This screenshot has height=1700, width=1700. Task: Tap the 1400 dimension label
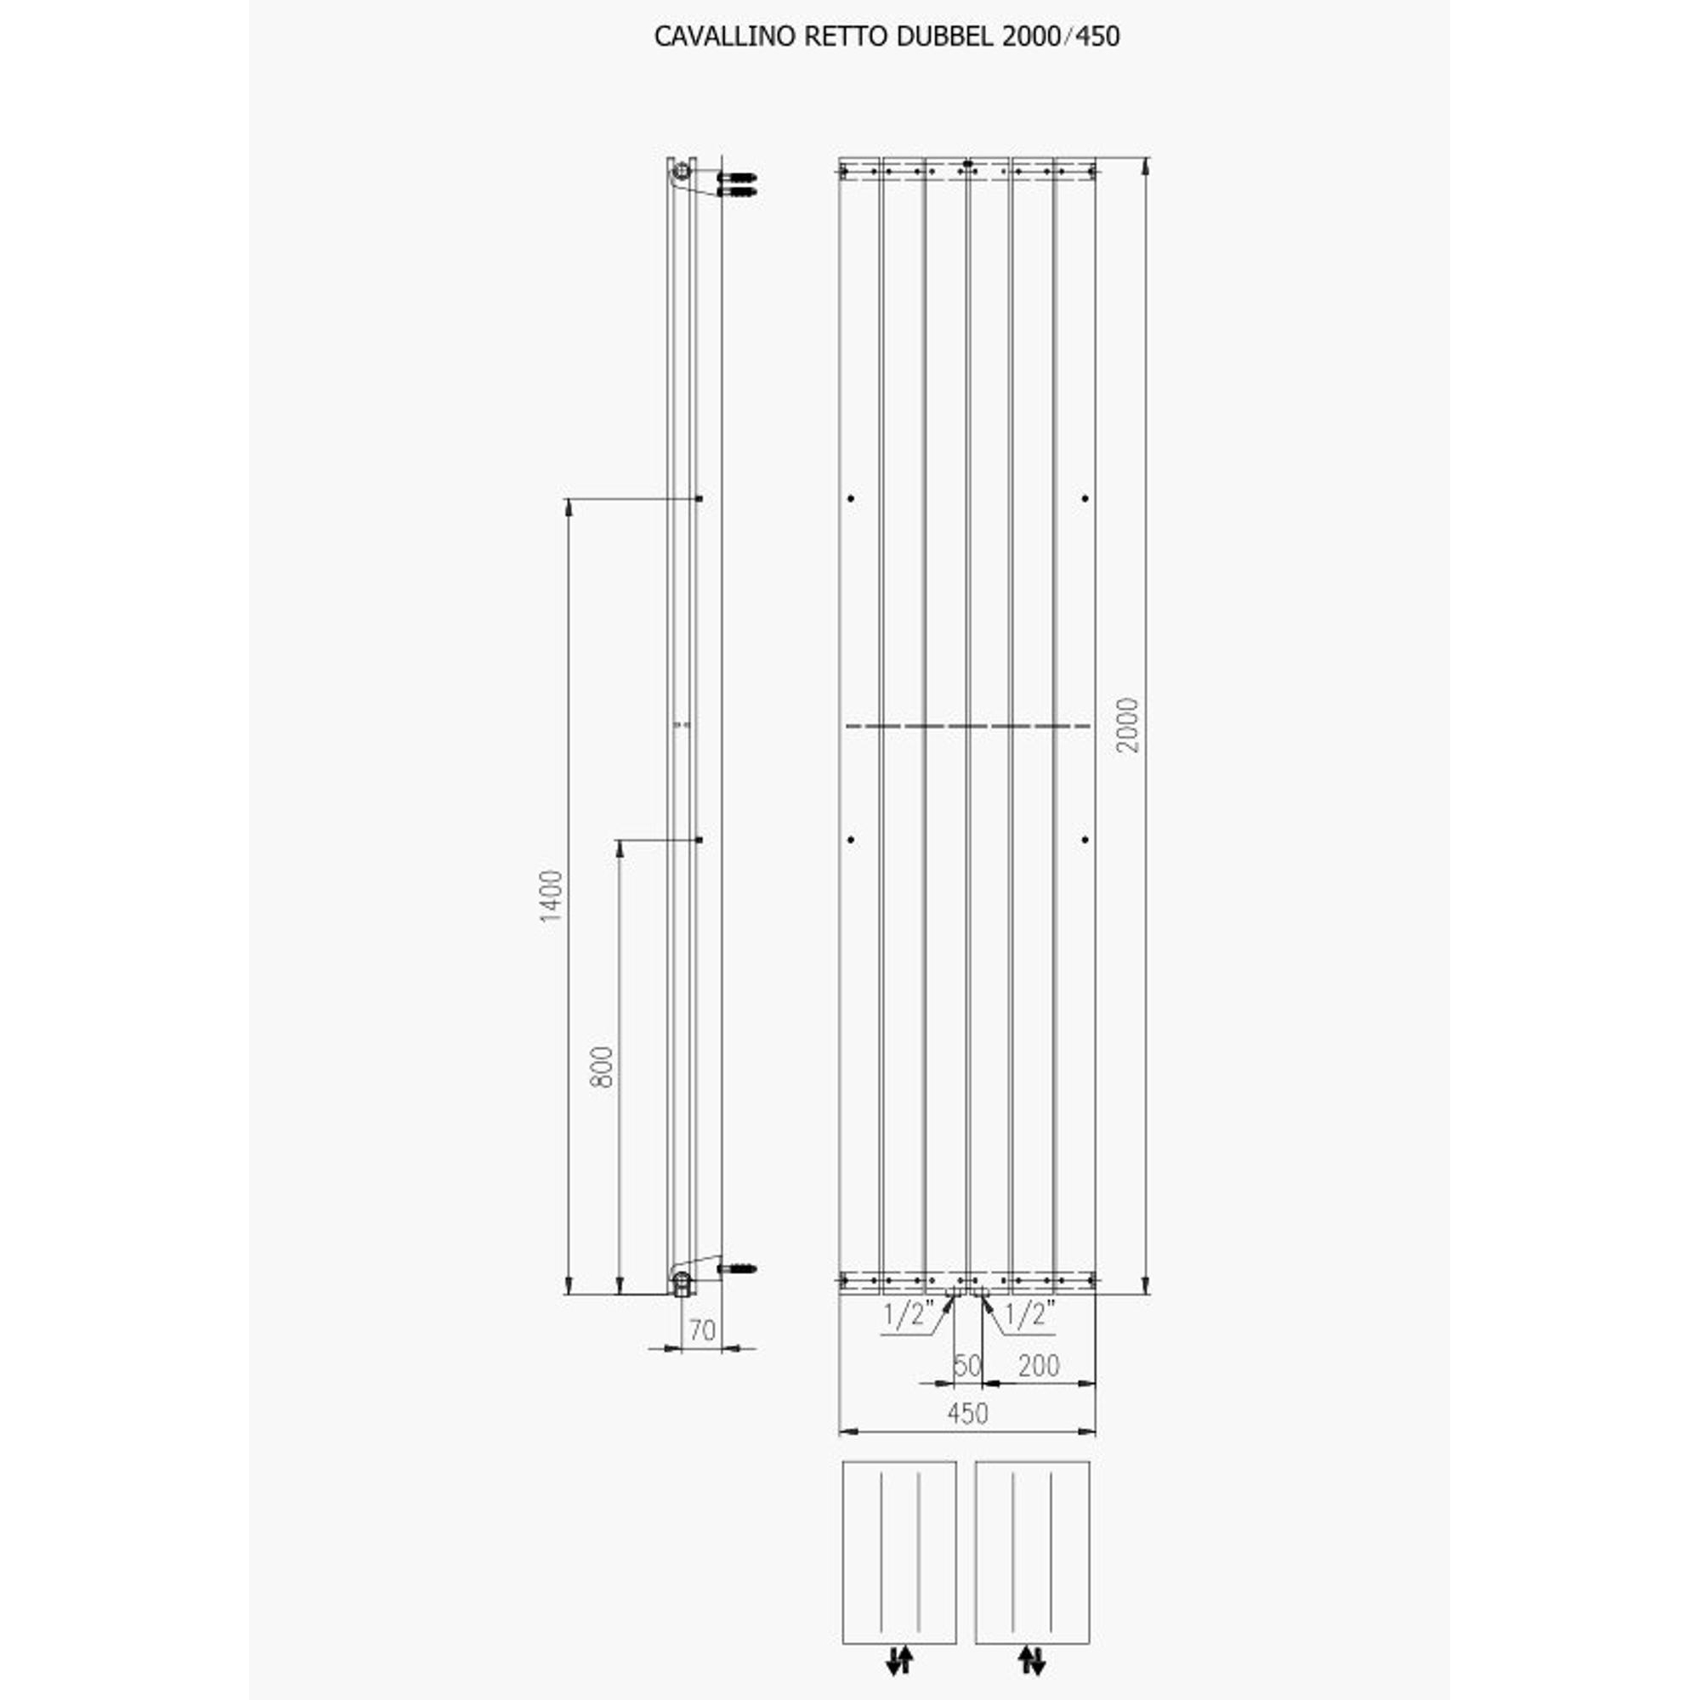click(551, 896)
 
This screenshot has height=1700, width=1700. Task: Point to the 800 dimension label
click(602, 1067)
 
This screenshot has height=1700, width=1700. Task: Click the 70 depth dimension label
click(701, 1329)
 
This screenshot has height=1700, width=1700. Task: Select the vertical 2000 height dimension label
click(1127, 725)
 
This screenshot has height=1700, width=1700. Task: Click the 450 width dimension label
click(967, 1414)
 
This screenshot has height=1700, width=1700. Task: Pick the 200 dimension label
click(1039, 1366)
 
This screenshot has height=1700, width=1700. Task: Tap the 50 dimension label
click(967, 1366)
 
